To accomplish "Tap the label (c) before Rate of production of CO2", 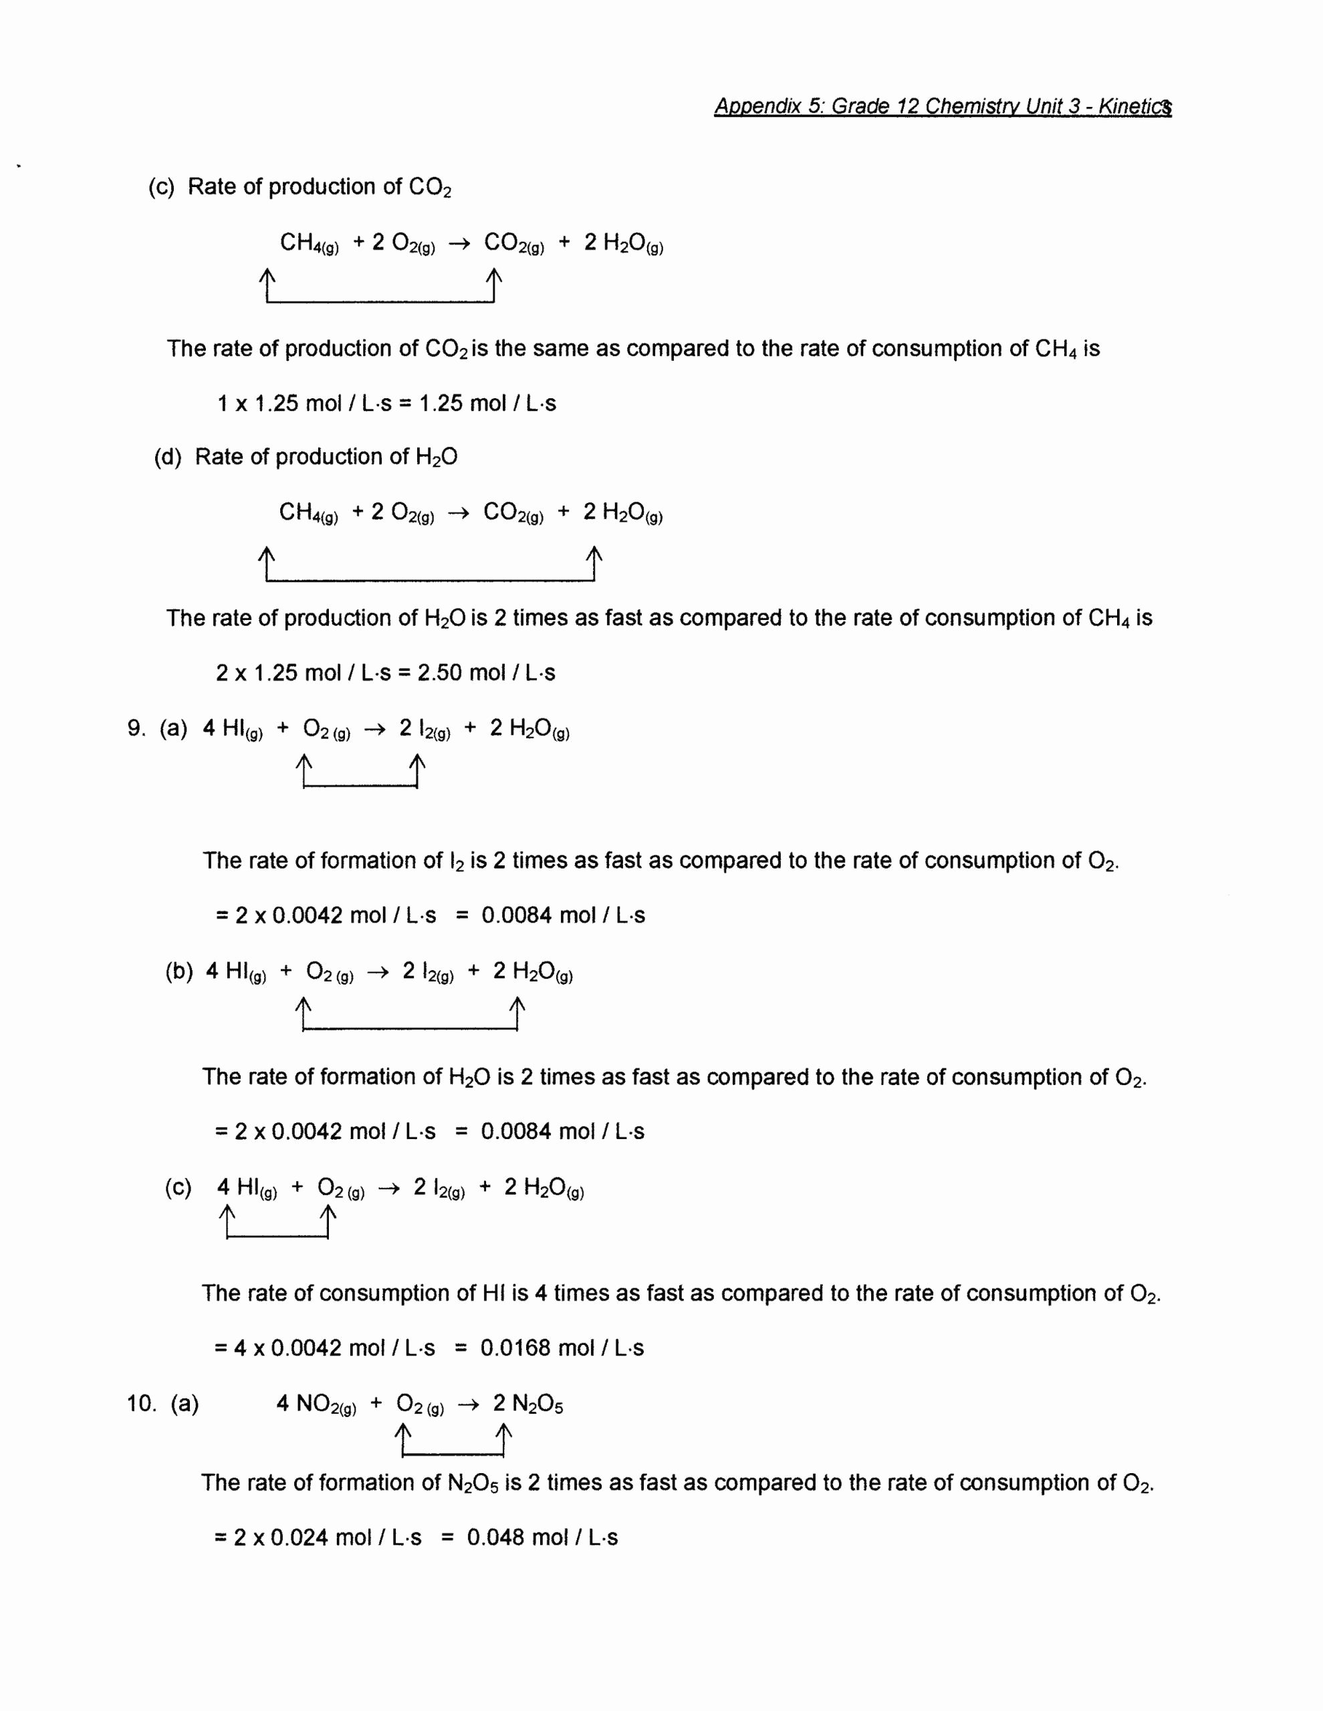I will point(162,187).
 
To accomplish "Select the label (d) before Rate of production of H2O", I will point(168,457).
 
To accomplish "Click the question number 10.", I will point(142,1403).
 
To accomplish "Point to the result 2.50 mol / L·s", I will point(486,673).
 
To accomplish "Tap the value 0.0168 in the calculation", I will point(518,1348).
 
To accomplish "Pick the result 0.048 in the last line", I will point(495,1538).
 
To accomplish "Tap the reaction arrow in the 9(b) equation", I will point(378,972).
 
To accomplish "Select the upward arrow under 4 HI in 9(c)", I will point(227,1220).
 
